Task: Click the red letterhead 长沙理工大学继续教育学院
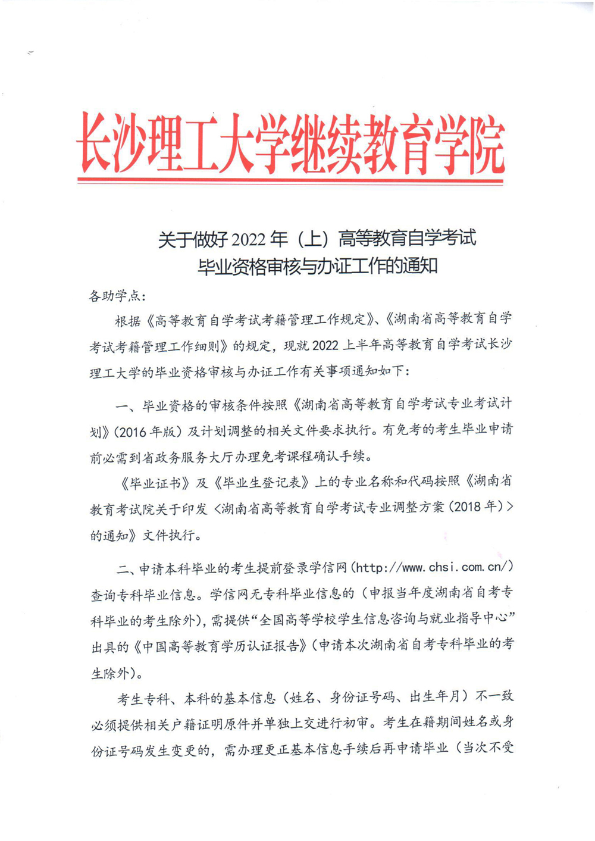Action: (291, 142)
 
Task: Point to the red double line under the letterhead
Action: (291, 177)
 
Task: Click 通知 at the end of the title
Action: (419, 265)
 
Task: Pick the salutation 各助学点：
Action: (117, 296)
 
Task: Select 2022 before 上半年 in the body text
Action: (324, 346)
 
